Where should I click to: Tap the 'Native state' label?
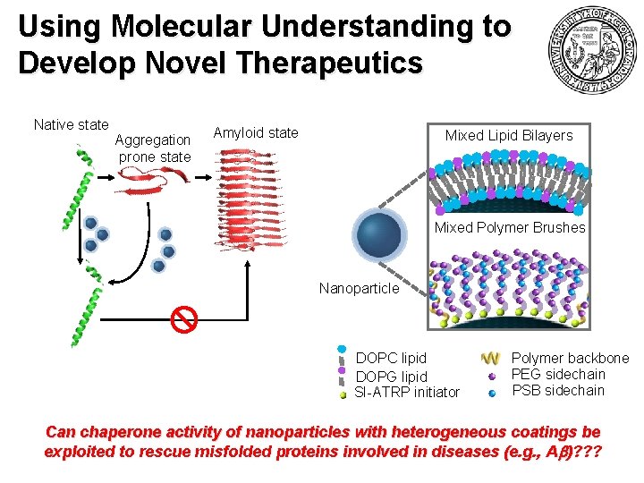[71, 125]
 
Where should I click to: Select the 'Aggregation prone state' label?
[154, 148]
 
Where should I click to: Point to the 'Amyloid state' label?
[256, 133]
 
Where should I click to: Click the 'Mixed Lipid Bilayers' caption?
[509, 135]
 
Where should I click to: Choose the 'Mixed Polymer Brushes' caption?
[509, 227]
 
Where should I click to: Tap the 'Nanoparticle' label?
[359, 289]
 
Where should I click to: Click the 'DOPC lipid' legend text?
[391, 358]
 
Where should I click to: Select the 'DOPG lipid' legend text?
[391, 377]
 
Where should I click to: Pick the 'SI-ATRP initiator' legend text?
[407, 392]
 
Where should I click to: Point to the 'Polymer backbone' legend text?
[570, 358]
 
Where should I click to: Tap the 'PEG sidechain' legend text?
[558, 374]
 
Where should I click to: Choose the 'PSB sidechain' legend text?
[557, 390]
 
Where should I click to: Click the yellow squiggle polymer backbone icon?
[490, 358]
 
